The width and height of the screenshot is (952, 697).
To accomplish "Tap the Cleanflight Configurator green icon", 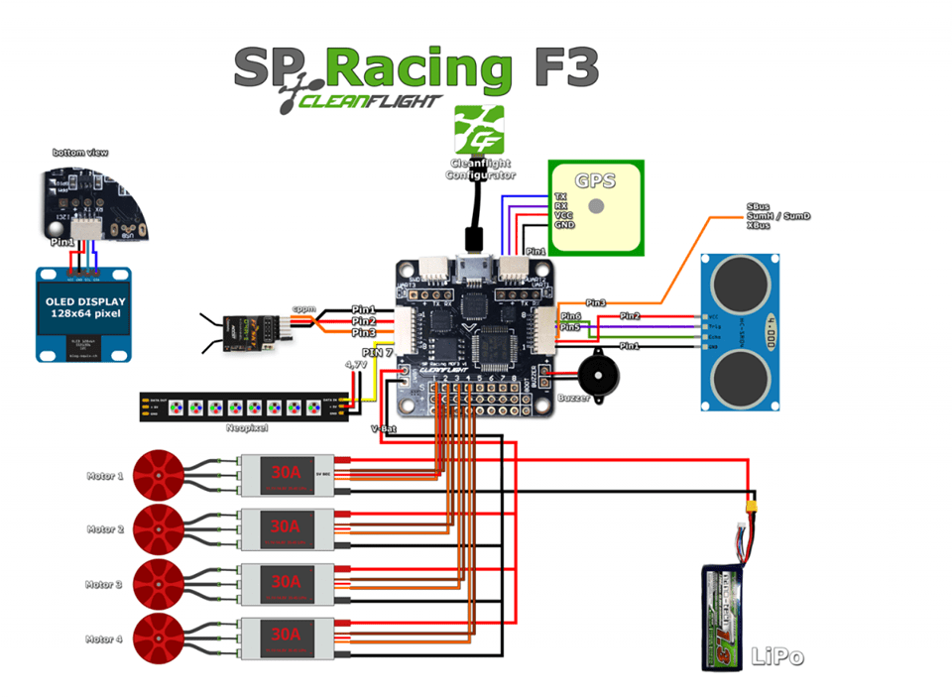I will pyautogui.click(x=479, y=130).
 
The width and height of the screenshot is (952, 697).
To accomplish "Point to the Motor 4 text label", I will pyautogui.click(x=104, y=639).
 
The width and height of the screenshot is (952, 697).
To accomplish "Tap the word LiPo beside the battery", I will pyautogui.click(x=776, y=655).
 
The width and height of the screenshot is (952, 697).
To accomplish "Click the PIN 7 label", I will pyautogui.click(x=377, y=352).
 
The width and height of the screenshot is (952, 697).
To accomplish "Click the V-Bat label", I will pyautogui.click(x=384, y=429).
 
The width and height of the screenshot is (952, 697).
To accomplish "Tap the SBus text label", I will pyautogui.click(x=758, y=206).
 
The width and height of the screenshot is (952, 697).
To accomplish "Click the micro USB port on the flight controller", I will pyautogui.click(x=474, y=269).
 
